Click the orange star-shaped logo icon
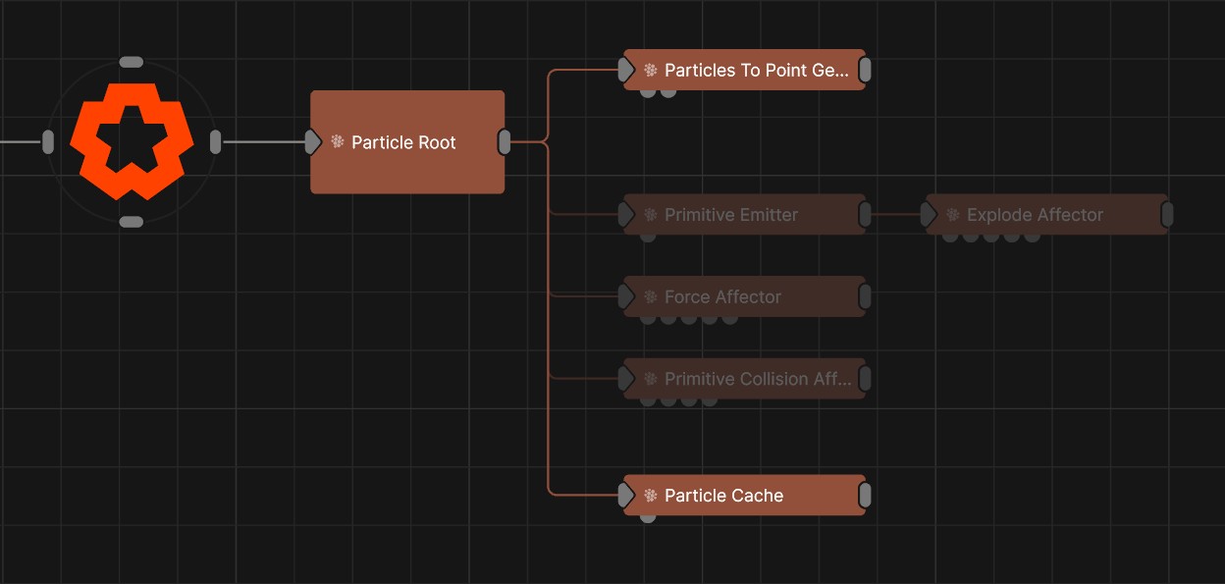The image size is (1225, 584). pyautogui.click(x=131, y=141)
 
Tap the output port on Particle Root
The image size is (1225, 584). pyautogui.click(x=505, y=142)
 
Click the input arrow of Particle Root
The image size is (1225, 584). pyautogui.click(x=313, y=142)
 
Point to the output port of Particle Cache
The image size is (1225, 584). pyautogui.click(x=865, y=496)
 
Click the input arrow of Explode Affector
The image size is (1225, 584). pyautogui.click(x=930, y=215)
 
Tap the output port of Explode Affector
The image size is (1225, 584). pyautogui.click(x=1167, y=215)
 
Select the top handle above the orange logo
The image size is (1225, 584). pyautogui.click(x=131, y=62)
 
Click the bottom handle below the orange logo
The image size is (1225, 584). pyautogui.click(x=131, y=222)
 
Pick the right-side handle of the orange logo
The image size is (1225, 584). pyautogui.click(x=216, y=142)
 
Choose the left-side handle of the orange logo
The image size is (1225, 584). pyautogui.click(x=48, y=142)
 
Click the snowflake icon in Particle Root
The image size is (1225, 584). pyautogui.click(x=338, y=142)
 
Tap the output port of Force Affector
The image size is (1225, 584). pyautogui.click(x=865, y=296)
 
